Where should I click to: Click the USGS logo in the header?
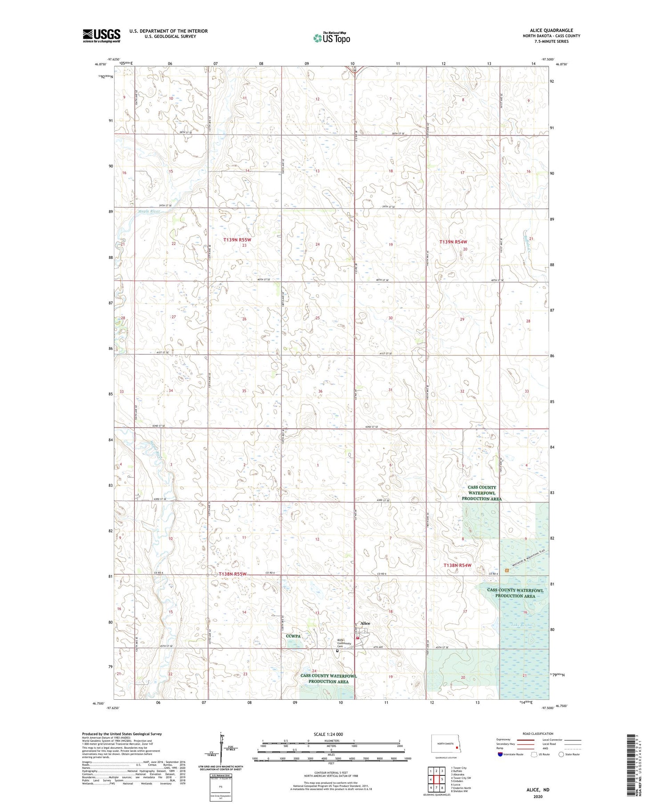pyautogui.click(x=101, y=36)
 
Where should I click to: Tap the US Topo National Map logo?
pyautogui.click(x=332, y=38)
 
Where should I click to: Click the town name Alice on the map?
pyautogui.click(x=365, y=623)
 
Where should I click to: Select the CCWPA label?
pyautogui.click(x=293, y=636)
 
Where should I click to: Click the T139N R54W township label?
pyautogui.click(x=453, y=242)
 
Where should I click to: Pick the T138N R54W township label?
pyautogui.click(x=458, y=565)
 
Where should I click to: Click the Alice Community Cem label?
pyautogui.click(x=345, y=643)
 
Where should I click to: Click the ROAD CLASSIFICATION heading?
pyautogui.click(x=538, y=734)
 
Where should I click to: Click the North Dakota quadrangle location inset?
pyautogui.click(x=446, y=743)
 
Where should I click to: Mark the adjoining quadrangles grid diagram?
pyautogui.click(x=436, y=776)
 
